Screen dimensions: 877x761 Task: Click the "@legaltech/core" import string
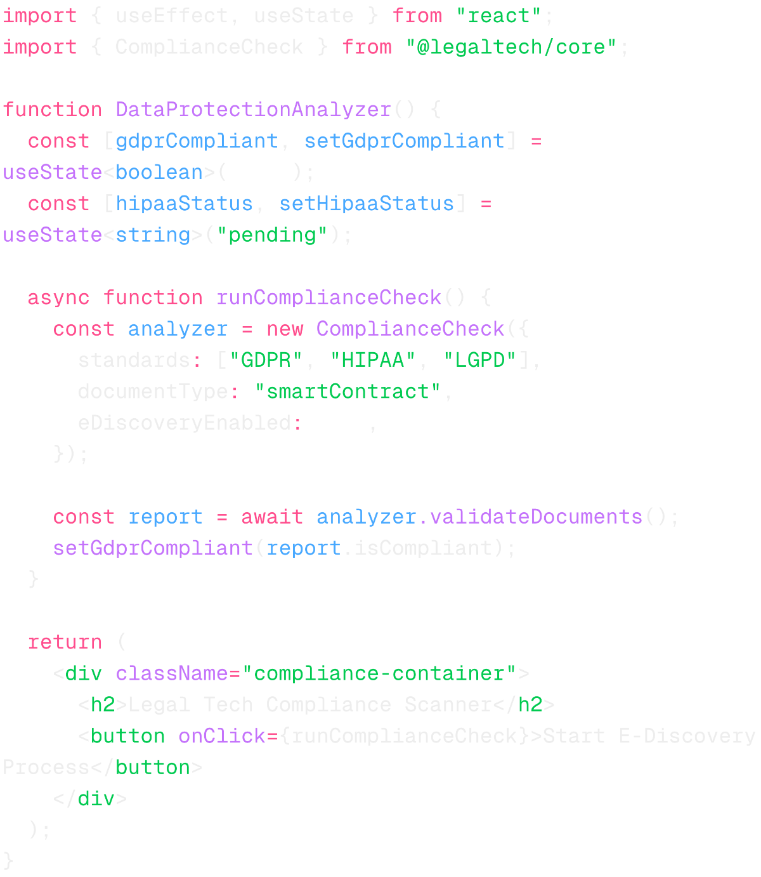click(511, 47)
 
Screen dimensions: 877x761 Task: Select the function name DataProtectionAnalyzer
click(253, 110)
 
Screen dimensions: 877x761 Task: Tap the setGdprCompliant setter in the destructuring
click(404, 141)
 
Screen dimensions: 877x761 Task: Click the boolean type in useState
click(159, 172)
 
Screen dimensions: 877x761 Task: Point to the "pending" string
click(273, 235)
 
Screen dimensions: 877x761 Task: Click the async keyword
click(58, 298)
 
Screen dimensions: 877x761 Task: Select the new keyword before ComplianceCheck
click(285, 329)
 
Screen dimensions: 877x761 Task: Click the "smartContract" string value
click(348, 392)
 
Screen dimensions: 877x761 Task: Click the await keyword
click(272, 517)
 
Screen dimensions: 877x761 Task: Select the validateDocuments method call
click(536, 517)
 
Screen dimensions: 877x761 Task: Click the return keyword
click(65, 642)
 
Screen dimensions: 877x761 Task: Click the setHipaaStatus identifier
click(367, 204)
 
